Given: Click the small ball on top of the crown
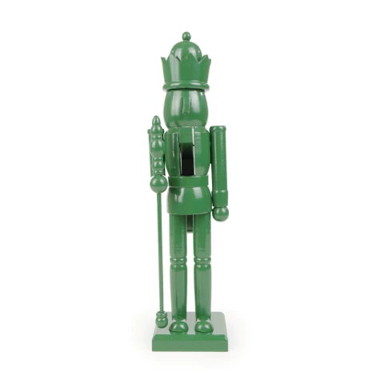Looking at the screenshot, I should coord(186,36).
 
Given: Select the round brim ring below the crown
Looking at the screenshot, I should coord(186,82).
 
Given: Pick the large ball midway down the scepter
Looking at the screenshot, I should coord(158,183).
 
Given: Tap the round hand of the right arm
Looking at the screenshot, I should coord(220,214).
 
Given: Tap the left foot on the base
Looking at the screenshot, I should coord(179,325).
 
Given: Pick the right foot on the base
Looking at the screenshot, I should coord(204,325).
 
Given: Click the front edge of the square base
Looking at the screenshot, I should coord(190,342).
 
